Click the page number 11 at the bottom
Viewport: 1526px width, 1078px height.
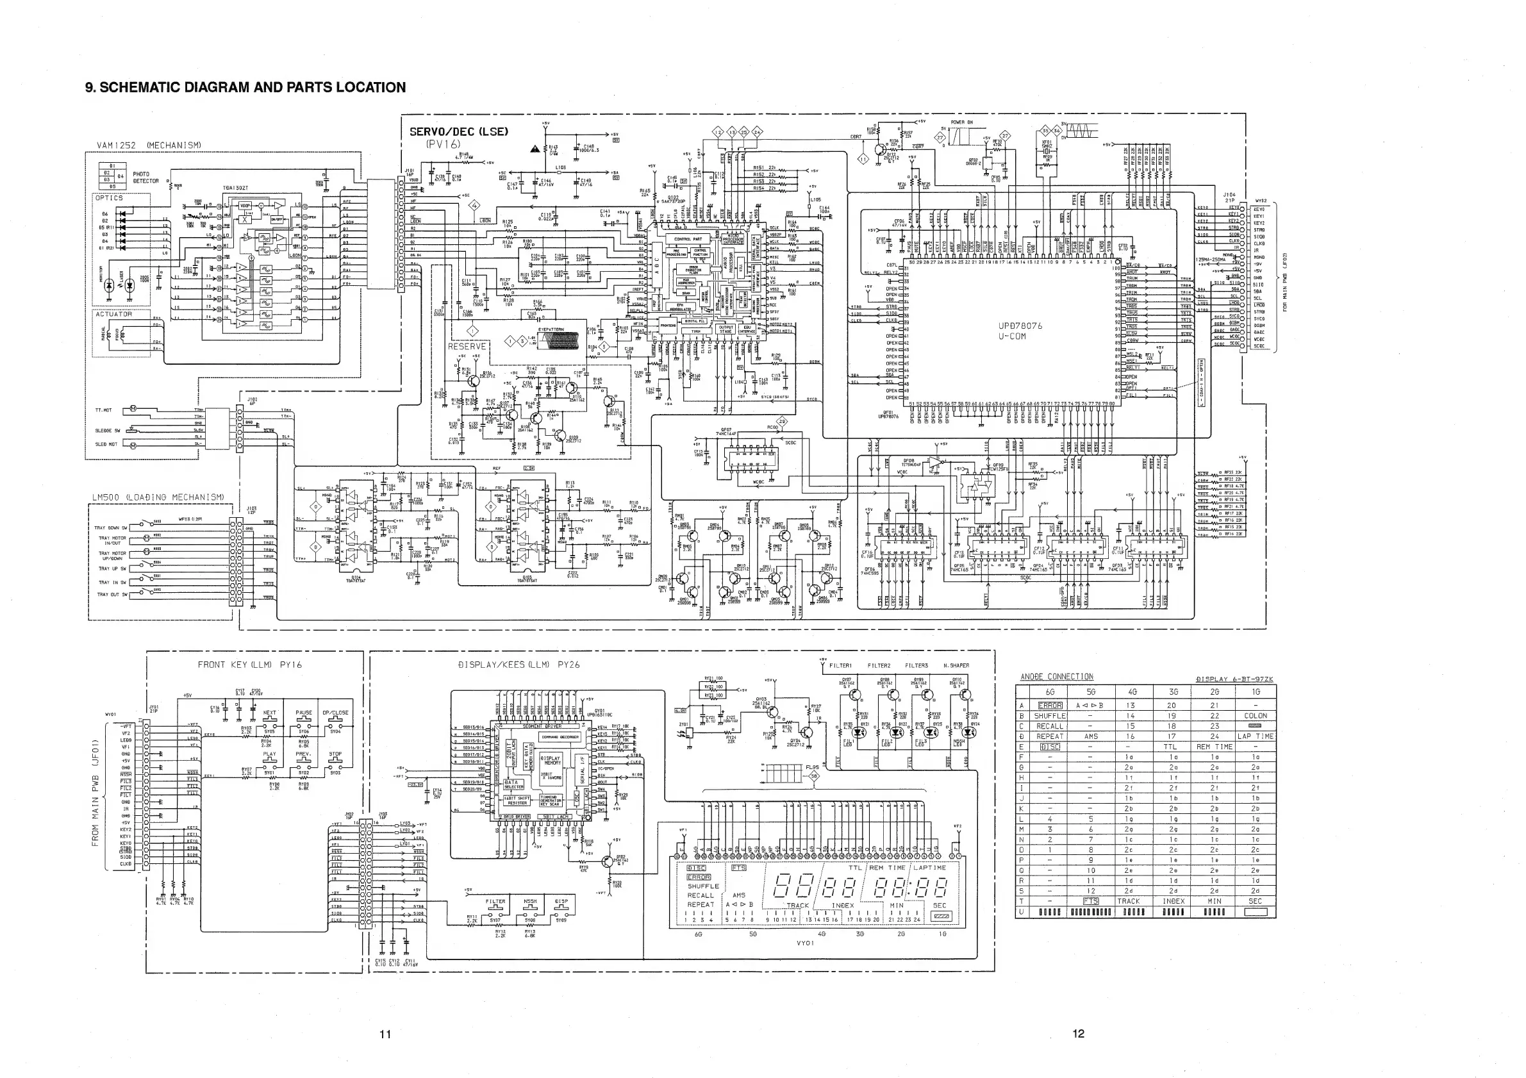385,1034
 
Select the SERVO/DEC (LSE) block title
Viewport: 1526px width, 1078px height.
459,131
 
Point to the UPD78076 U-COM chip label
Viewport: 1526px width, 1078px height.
1020,331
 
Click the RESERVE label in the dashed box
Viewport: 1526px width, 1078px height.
467,346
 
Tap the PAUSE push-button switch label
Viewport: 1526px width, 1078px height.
304,713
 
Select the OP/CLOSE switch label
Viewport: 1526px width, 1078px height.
336,713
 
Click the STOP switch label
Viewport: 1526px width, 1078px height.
336,754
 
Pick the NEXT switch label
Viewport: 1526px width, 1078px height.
270,713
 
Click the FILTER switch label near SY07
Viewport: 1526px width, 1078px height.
495,902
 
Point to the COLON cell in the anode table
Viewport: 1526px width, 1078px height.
1255,716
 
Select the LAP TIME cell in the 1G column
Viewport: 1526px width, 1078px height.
1255,736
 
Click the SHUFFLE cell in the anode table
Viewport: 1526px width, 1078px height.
1049,716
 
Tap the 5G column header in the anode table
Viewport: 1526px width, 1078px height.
1091,692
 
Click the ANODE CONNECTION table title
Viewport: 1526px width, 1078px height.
1057,677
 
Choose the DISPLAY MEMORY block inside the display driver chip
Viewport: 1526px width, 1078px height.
551,760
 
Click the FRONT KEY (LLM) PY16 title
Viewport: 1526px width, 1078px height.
250,665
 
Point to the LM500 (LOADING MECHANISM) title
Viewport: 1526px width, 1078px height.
158,497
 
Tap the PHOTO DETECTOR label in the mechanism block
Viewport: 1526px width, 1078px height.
145,178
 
